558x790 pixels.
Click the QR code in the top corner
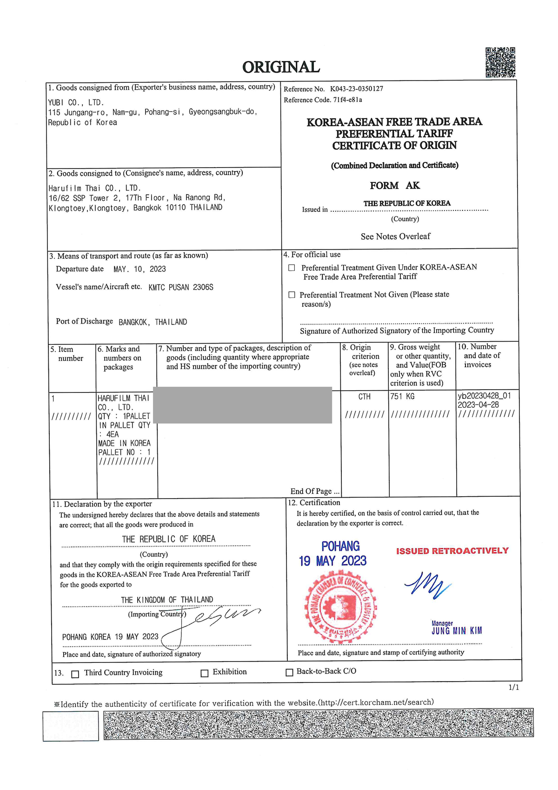(x=500, y=62)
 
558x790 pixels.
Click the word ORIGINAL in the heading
(x=281, y=67)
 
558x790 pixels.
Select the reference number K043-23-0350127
(x=357, y=88)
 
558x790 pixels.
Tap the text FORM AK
(x=395, y=186)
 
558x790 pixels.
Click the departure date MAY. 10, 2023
(x=139, y=269)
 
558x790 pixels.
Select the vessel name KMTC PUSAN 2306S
(x=181, y=287)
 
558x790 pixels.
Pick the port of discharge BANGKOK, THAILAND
(x=153, y=322)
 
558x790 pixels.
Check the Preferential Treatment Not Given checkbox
(x=292, y=295)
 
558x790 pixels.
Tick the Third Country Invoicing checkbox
(x=75, y=674)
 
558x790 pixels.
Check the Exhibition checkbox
(x=204, y=673)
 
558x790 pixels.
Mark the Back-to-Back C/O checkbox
(x=289, y=672)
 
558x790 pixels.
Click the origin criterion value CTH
(x=365, y=397)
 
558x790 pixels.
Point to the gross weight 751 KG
(x=402, y=397)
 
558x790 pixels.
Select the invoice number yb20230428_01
(x=484, y=396)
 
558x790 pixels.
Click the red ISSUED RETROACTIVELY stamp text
(x=452, y=551)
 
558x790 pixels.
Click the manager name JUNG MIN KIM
(x=457, y=631)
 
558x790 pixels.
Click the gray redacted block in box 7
(x=242, y=405)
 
